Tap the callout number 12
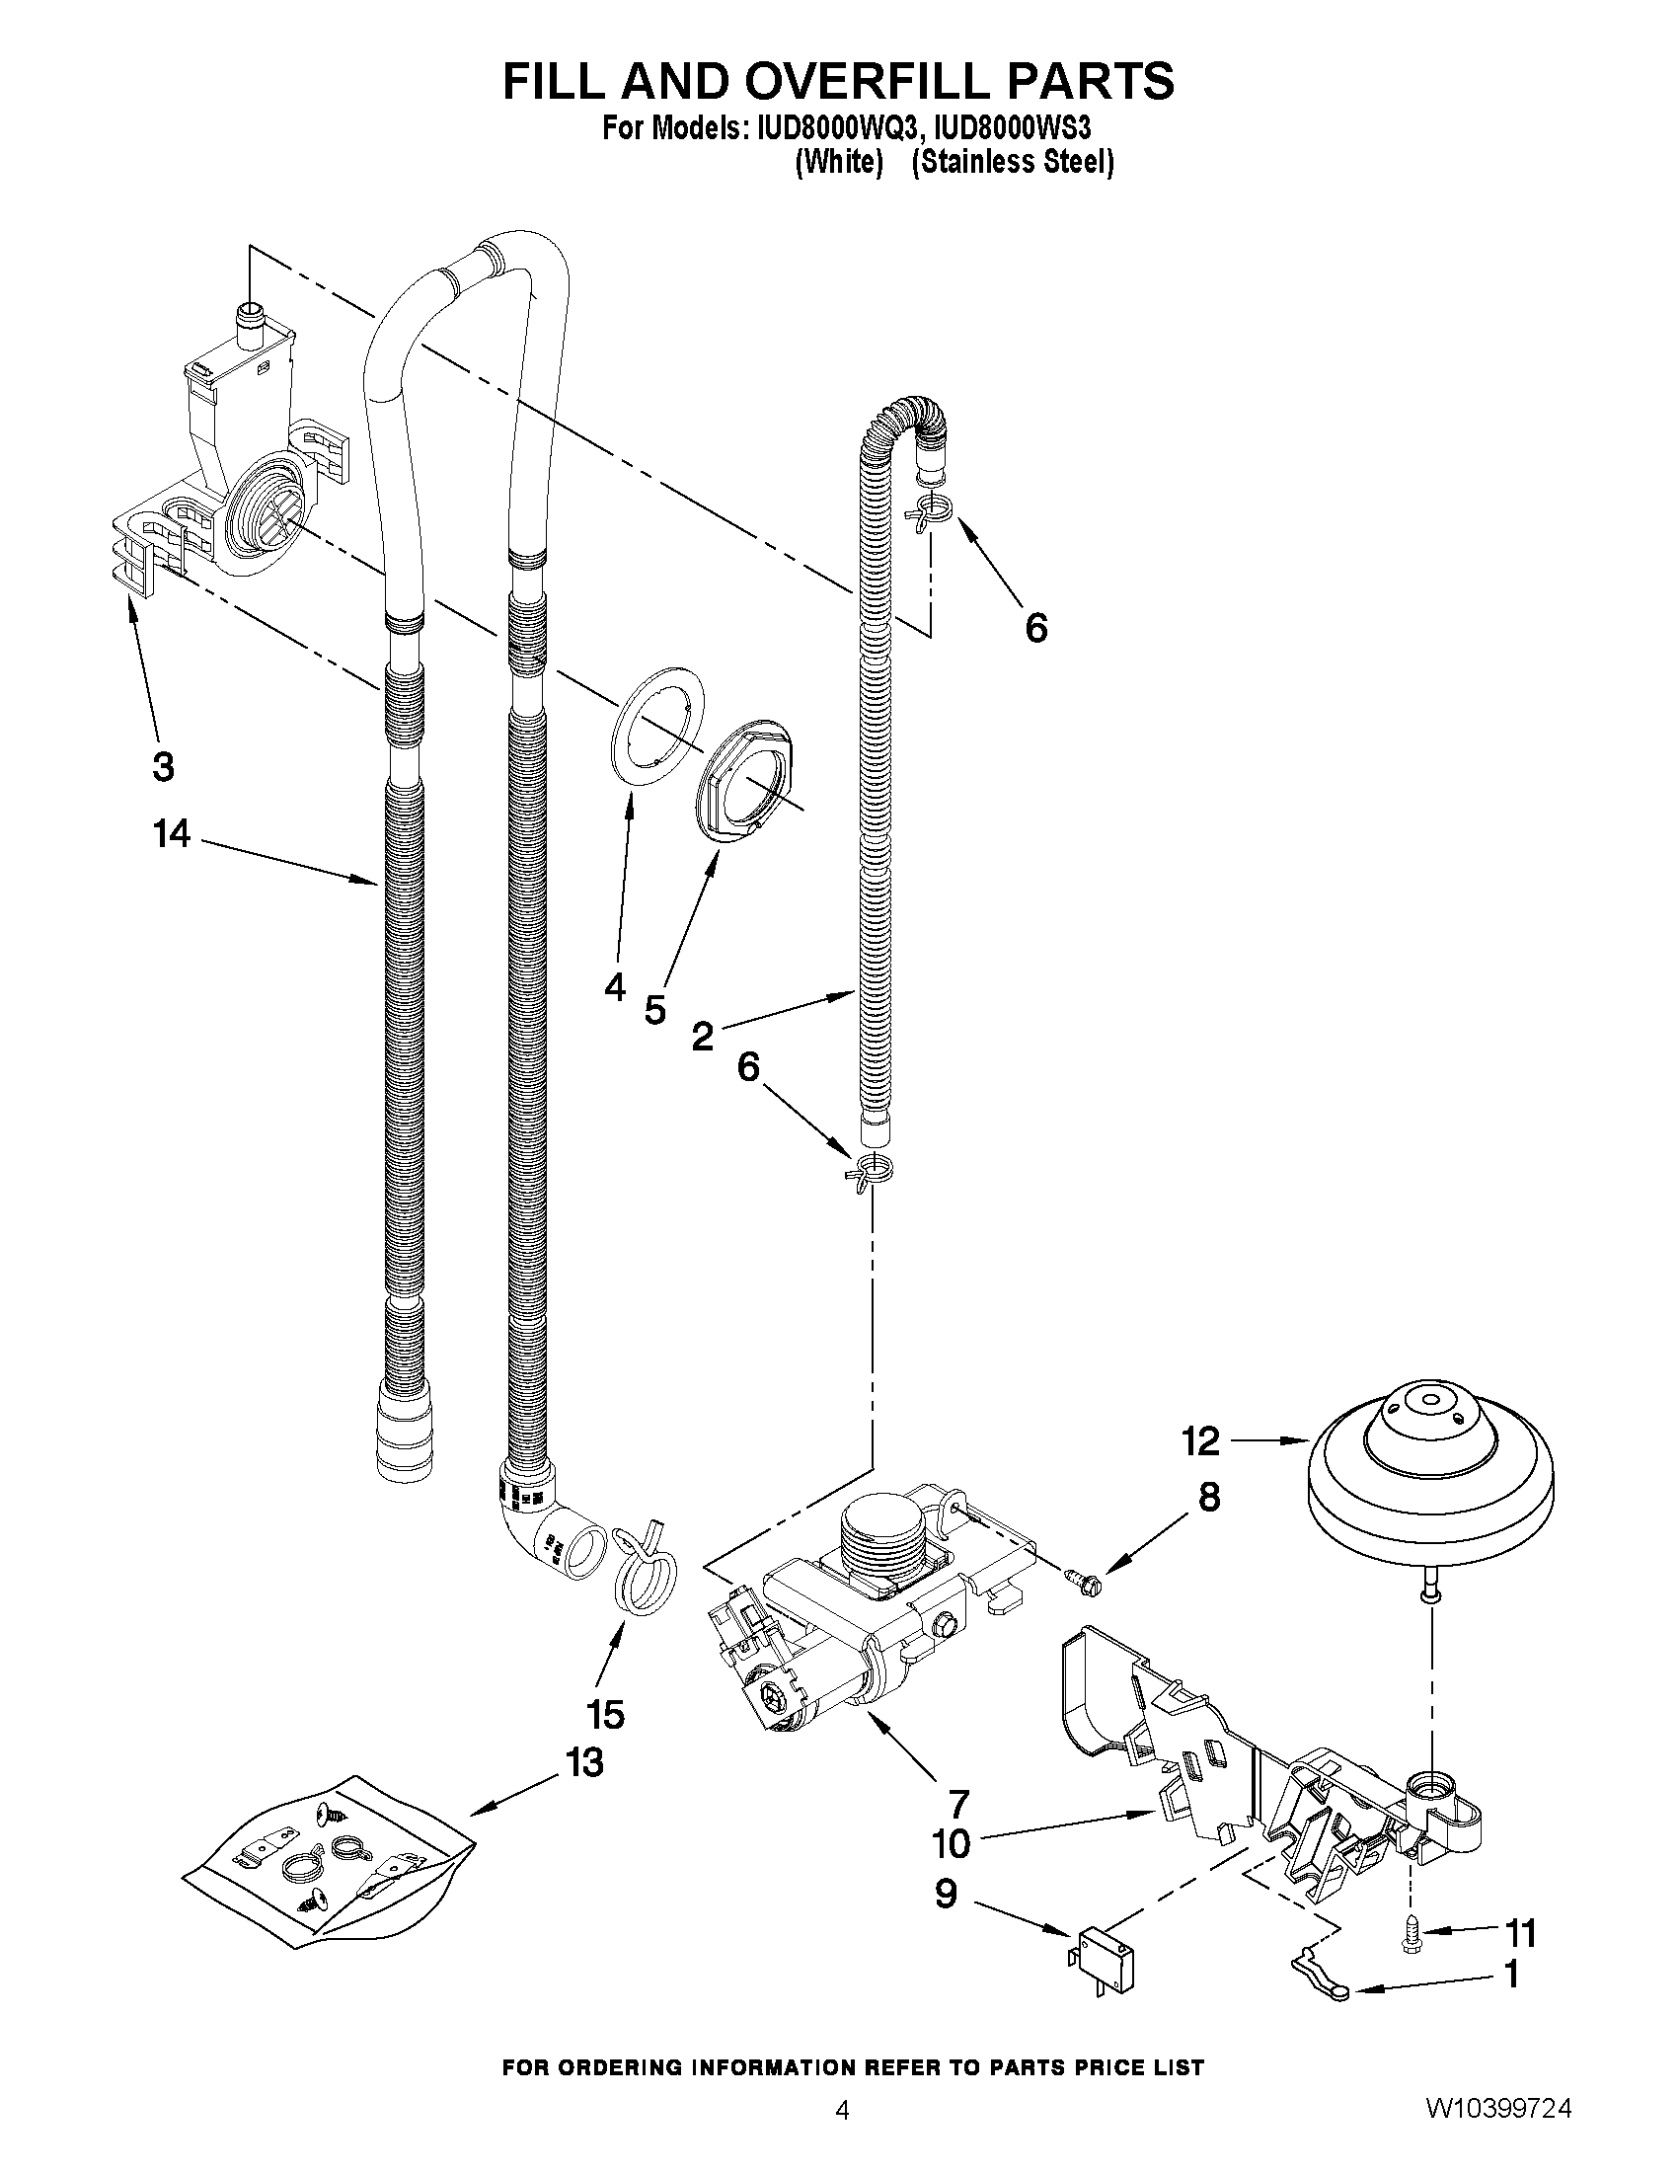[1200, 1440]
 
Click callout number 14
[171, 834]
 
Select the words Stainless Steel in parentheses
[1012, 162]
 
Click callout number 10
[952, 1843]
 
